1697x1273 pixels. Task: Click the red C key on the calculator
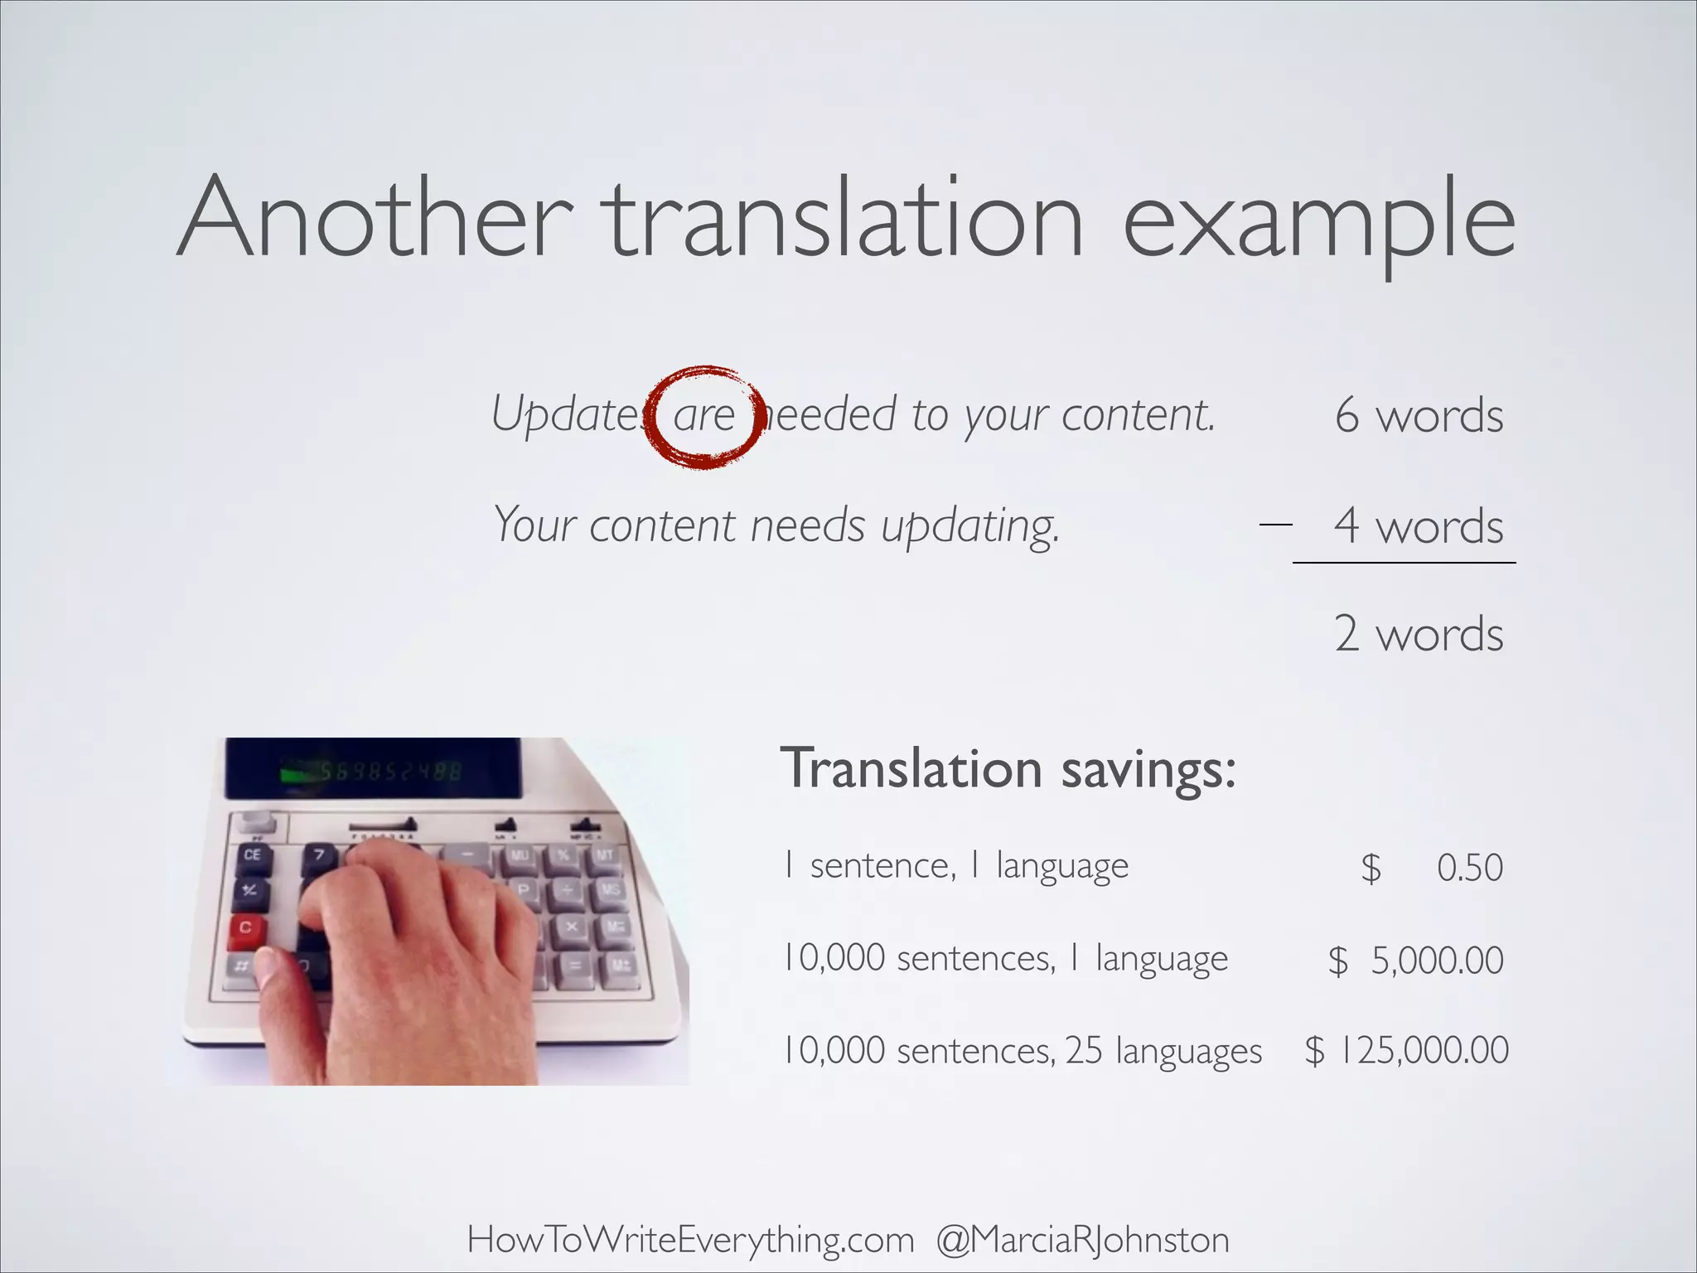tap(245, 927)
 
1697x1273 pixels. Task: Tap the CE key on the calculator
tap(252, 854)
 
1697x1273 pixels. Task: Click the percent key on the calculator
tap(563, 854)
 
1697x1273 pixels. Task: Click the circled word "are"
tap(703, 415)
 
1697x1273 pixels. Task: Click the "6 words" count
tap(1419, 415)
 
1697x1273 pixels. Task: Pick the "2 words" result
tap(1419, 635)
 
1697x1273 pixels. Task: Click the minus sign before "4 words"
tap(1275, 524)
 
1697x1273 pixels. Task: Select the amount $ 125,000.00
tap(1407, 1051)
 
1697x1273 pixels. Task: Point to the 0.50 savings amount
tap(1470, 868)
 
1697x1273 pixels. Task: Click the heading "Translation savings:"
tap(1008, 769)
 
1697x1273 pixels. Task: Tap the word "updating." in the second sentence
tap(970, 527)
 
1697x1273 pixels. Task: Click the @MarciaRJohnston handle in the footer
tap(1082, 1241)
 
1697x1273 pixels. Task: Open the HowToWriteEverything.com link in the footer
tap(690, 1241)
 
